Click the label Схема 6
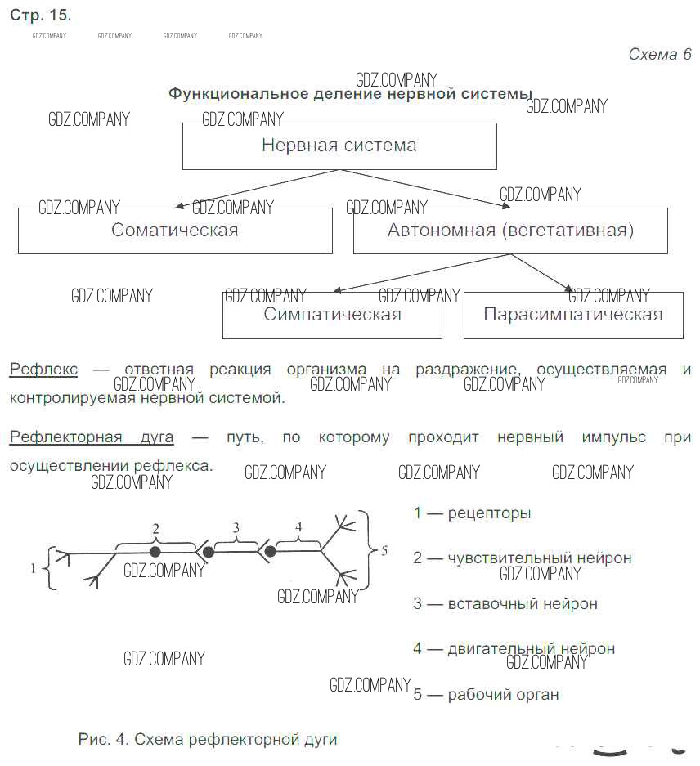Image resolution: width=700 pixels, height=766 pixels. (660, 54)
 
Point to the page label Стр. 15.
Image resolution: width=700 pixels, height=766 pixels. (41, 16)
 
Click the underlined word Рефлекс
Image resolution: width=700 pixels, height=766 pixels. (43, 370)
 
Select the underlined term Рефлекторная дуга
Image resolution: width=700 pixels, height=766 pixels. (92, 437)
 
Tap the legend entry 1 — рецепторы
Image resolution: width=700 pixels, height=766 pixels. (472, 513)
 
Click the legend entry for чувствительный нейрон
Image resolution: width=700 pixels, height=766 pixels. (523, 558)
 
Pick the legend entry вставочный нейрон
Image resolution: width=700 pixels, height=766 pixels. (505, 603)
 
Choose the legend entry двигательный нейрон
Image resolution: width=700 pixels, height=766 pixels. (514, 649)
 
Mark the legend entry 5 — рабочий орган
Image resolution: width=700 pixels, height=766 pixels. (486, 694)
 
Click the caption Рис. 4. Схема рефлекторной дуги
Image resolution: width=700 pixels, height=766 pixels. (208, 739)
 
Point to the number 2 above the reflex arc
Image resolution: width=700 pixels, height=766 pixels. (156, 529)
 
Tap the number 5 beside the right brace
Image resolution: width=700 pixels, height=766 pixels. (384, 551)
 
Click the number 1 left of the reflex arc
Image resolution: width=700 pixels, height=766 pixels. (33, 568)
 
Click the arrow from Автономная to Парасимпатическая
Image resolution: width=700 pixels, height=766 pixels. (541, 272)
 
